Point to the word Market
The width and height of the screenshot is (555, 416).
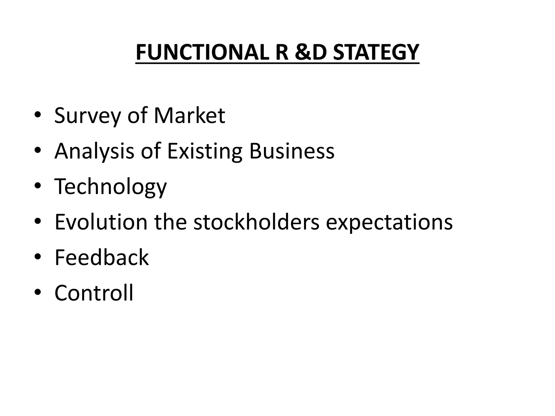pyautogui.click(x=189, y=116)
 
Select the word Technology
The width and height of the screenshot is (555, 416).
pyautogui.click(x=111, y=187)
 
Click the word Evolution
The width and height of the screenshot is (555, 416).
pyautogui.click(x=101, y=222)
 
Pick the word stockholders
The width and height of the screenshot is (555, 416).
pyautogui.click(x=256, y=222)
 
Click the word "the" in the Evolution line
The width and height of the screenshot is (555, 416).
pyautogui.click(x=170, y=222)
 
